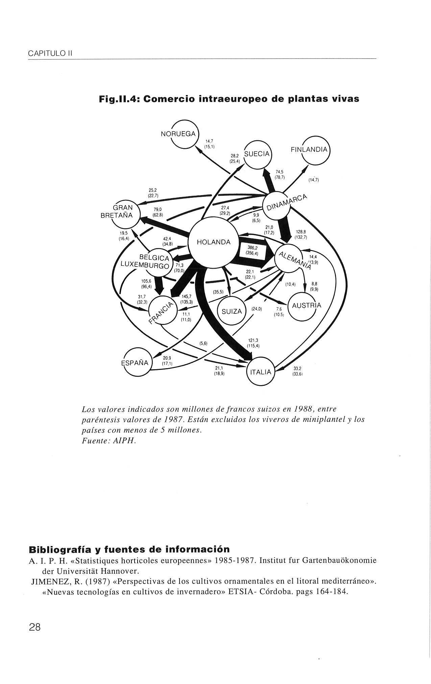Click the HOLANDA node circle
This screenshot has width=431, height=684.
click(x=213, y=242)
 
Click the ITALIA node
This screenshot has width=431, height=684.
click(x=261, y=372)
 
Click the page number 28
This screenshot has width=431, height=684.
click(x=34, y=628)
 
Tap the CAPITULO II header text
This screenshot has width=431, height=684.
click(x=51, y=54)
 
